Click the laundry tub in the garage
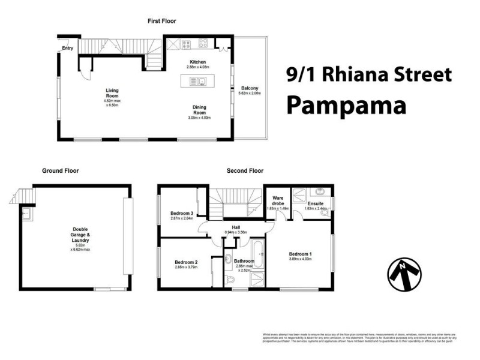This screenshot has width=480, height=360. click(26, 212)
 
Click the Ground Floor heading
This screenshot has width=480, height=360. click(60, 171)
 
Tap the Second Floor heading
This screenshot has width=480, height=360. click(245, 171)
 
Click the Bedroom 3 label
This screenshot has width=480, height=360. click(181, 213)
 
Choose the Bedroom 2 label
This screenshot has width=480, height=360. click(186, 262)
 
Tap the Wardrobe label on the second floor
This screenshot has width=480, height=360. click(278, 200)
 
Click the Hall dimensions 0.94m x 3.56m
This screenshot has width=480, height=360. click(244, 232)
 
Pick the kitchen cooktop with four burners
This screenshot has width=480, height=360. click(203, 43)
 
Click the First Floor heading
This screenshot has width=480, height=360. click(162, 21)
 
